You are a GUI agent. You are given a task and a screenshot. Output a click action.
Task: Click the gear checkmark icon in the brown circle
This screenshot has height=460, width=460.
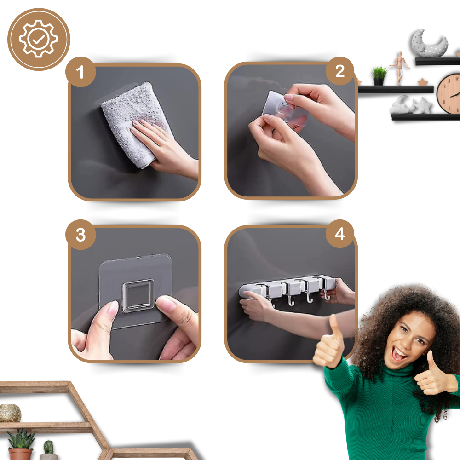click(39, 39)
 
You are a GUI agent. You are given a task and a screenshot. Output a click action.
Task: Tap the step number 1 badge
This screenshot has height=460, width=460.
click(80, 72)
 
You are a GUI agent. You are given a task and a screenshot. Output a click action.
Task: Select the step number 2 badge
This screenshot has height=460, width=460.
click(340, 71)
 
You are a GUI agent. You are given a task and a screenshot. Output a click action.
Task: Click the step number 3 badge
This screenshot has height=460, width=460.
click(80, 235)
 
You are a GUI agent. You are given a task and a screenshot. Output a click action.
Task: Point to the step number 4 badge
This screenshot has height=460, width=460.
click(340, 234)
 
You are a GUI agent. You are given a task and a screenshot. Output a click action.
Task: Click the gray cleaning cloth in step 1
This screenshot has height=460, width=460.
click(132, 123)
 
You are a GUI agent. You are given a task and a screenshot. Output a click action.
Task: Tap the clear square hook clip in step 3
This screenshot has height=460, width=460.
click(138, 295)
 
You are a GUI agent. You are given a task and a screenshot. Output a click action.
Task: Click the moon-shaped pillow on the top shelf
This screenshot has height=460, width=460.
click(429, 43)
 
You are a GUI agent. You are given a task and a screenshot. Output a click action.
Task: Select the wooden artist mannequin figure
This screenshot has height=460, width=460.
click(400, 68)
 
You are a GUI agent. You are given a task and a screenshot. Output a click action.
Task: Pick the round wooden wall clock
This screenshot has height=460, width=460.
click(448, 93)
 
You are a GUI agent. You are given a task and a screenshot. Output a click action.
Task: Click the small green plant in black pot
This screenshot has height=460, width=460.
click(379, 75)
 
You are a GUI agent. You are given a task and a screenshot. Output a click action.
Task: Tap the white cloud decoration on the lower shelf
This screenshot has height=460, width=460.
click(401, 105)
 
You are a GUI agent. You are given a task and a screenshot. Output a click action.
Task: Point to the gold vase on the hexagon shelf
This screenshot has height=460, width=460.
click(10, 413)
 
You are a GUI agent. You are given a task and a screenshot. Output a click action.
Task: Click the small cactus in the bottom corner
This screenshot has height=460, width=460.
click(49, 450)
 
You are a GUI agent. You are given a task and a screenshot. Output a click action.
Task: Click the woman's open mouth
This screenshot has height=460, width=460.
click(399, 353)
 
